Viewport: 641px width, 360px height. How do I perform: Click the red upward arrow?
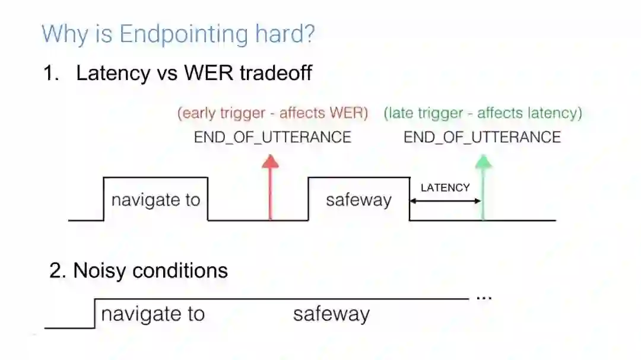point(270,187)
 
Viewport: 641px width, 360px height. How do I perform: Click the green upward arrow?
point(484,187)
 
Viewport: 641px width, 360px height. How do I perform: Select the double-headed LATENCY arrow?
point(445,201)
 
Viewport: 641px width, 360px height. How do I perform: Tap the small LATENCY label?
point(445,187)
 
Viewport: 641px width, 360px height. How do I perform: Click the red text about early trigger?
point(272,113)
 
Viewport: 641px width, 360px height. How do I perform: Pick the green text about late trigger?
point(483,113)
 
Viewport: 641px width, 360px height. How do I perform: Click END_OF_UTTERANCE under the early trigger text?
point(272,138)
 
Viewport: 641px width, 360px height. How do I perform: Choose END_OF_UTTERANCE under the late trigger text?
point(482,138)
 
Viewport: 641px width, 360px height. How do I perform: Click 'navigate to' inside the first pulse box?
point(156,200)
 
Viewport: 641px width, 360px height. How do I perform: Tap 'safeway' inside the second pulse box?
point(358,200)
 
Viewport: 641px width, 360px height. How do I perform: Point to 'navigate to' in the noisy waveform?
point(153,314)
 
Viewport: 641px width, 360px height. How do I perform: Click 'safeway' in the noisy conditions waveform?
point(331,314)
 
